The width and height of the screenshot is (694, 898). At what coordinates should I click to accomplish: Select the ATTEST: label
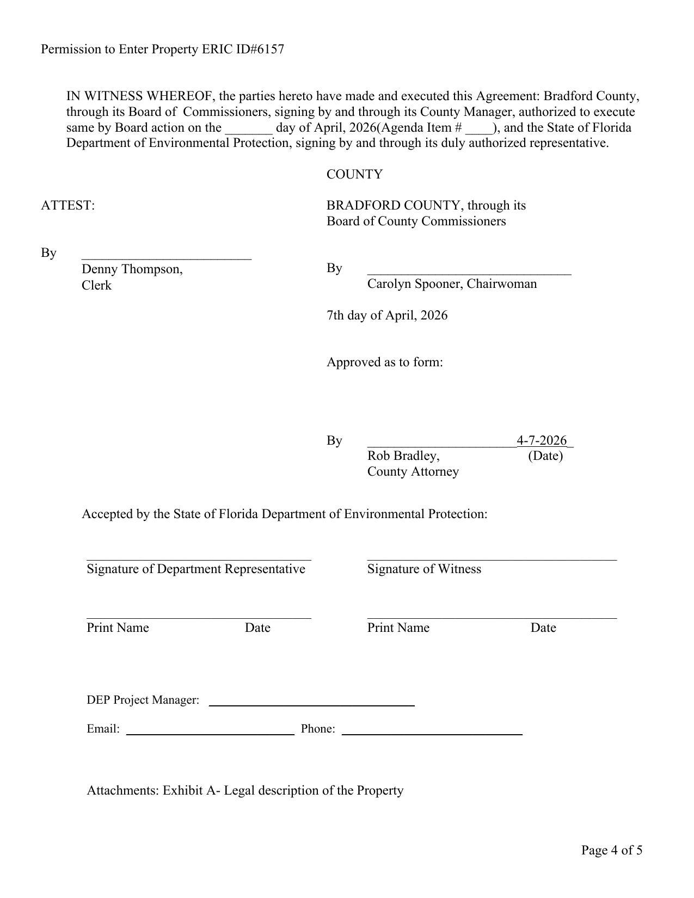click(x=67, y=206)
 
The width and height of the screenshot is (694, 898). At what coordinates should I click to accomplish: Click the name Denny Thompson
click(x=131, y=269)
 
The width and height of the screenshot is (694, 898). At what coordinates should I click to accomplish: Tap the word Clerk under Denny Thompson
click(x=96, y=286)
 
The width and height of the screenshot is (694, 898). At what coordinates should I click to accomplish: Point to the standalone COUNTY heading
click(x=354, y=175)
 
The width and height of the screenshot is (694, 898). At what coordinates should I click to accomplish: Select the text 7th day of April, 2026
click(x=387, y=316)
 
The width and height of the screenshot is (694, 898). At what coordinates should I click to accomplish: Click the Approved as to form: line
click(x=384, y=362)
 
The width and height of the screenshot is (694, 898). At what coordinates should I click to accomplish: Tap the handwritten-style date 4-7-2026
click(x=542, y=440)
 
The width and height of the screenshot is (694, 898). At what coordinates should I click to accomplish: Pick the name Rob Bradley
click(x=403, y=456)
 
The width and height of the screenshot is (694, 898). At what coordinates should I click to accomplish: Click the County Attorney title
click(x=413, y=472)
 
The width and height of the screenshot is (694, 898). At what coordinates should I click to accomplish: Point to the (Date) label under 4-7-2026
click(x=545, y=456)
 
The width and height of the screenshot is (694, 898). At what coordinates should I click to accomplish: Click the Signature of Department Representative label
click(x=196, y=569)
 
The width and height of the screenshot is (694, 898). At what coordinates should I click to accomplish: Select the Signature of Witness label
click(x=424, y=569)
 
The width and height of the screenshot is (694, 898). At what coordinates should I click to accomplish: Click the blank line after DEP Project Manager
click(x=311, y=704)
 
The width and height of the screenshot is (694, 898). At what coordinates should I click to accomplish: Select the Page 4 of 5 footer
click(x=611, y=850)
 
